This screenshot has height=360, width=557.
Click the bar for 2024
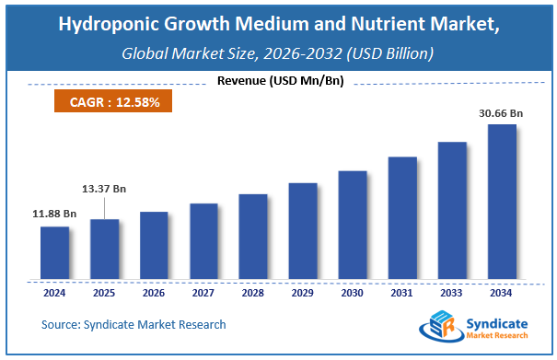coord(54,252)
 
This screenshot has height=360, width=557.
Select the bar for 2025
coord(104,249)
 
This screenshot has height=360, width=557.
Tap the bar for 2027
coord(203,241)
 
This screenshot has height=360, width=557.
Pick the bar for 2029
coord(303,230)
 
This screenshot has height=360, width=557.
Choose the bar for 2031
coord(402,217)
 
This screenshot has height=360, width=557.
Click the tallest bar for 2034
coord(502,201)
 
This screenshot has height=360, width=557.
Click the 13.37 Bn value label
coord(105,189)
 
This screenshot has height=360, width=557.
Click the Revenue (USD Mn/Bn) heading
coord(280,81)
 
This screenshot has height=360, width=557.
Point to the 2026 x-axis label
coord(154,295)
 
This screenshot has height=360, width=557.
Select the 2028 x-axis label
coord(253,295)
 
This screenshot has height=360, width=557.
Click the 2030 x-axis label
coord(353,295)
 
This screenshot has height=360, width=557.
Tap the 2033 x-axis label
coord(452,295)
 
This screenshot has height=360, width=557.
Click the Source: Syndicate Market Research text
coord(133,324)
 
